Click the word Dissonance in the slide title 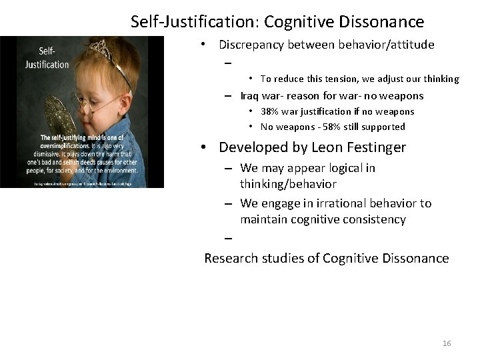pos(385,22)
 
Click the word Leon pos(319,147)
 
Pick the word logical pos(341,168)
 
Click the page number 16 pos(447,343)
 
